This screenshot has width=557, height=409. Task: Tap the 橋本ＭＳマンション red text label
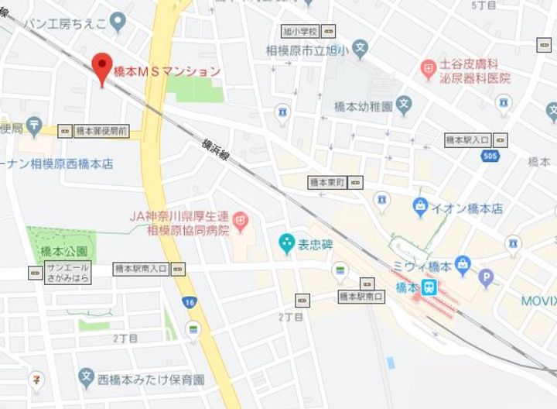166,71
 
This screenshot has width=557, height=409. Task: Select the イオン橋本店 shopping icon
420,208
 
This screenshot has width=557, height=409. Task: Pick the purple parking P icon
487,277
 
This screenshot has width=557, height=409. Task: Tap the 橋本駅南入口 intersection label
141,269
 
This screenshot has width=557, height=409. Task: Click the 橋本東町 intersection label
326,182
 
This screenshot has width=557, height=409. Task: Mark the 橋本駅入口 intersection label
468,140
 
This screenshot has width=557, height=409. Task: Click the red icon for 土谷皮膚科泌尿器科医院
428,70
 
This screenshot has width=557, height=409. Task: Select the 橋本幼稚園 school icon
404,104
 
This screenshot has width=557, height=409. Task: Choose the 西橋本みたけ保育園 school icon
86,380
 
